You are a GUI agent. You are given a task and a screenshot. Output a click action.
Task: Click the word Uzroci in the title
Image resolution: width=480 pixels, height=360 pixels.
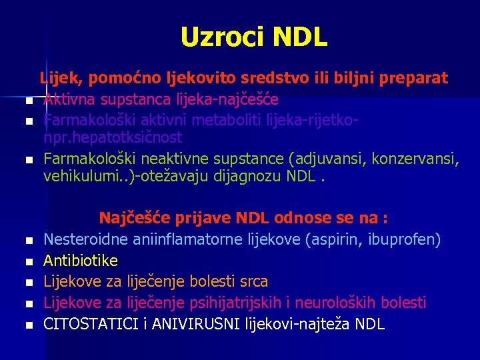coord(213,37)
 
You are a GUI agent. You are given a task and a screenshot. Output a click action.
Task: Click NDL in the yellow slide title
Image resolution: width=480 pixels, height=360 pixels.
coord(299,37)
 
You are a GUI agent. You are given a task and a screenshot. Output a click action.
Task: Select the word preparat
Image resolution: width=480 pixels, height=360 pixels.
coord(414,78)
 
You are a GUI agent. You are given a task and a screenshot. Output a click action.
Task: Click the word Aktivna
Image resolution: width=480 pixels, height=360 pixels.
coord(69,100)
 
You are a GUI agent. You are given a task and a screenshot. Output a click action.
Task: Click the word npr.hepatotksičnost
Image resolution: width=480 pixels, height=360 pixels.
coord(111,137)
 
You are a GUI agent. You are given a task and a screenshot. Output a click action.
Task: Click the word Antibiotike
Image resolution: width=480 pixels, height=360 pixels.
coord(81,260)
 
